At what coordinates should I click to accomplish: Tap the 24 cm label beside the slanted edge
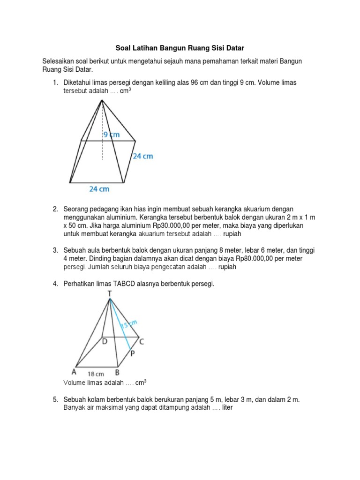coord(142,156)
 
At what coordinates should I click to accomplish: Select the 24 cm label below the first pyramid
coord(99,189)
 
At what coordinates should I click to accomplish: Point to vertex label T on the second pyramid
coord(109,293)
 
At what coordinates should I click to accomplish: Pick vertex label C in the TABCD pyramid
coord(141,343)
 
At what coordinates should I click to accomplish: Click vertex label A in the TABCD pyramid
coord(74,372)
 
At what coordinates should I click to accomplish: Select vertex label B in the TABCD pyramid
coord(118,373)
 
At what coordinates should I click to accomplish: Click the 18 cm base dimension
coord(96,374)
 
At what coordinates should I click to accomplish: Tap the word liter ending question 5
coord(227,408)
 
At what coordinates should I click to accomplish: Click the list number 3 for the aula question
coord(55,250)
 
